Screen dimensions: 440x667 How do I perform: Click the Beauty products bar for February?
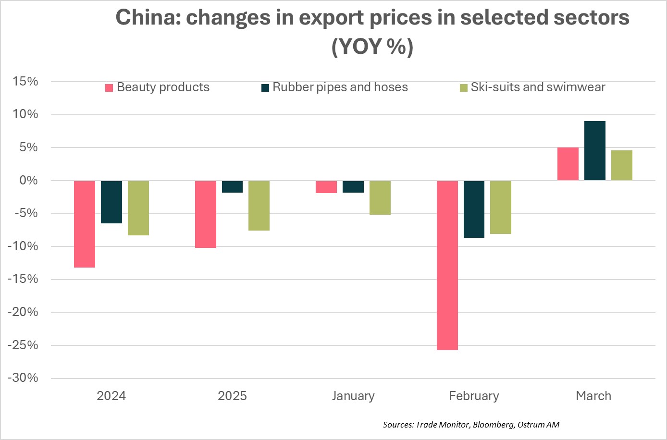point(447,265)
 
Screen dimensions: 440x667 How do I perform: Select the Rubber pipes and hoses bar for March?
point(594,151)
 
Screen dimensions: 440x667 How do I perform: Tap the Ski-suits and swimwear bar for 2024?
point(138,208)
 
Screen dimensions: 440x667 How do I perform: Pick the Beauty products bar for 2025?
point(205,214)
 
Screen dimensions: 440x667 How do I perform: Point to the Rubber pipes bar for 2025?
point(232,187)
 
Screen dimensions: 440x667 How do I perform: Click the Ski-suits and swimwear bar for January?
point(380,197)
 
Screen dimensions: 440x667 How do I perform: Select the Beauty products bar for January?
point(326,187)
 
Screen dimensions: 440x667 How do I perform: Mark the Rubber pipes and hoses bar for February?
point(474,209)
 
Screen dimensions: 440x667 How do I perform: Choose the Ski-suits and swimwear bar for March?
point(621,165)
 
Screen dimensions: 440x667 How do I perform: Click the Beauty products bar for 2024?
point(85,224)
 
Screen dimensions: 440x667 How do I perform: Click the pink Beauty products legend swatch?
point(109,88)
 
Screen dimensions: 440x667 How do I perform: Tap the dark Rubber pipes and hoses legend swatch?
point(265,88)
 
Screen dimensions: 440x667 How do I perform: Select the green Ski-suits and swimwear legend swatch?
point(463,88)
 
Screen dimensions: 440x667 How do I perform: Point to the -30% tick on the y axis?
point(23,378)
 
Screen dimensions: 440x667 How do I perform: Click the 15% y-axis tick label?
point(25,82)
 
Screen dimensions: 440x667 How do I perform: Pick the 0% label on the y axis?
point(28,181)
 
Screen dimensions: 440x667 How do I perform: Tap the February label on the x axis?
point(474,396)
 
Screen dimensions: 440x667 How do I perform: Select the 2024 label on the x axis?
point(111,396)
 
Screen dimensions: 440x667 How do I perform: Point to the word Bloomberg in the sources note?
point(494,425)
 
